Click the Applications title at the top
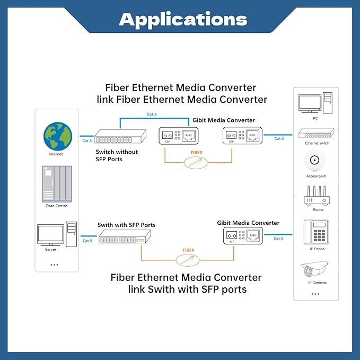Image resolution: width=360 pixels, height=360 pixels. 183,20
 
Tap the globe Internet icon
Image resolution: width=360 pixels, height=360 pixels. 57,135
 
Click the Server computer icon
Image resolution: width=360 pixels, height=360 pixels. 56,233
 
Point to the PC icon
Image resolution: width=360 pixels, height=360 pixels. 315,104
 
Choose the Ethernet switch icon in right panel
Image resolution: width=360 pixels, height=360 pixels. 317,134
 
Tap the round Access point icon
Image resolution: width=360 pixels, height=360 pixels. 317,160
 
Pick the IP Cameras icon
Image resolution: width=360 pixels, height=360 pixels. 315,270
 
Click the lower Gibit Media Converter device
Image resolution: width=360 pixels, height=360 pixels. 242,236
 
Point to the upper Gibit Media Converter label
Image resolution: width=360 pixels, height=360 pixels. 224,120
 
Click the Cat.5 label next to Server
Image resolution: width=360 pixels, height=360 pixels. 87,241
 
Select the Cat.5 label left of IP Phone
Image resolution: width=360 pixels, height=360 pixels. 278,239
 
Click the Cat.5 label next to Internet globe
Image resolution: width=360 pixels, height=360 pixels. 87,141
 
